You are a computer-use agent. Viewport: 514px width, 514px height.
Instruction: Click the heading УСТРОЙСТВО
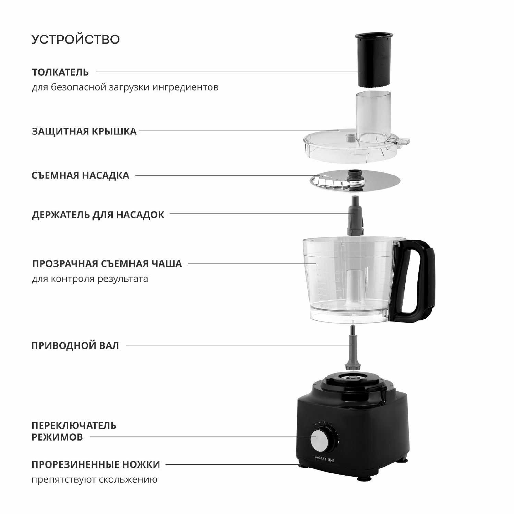[76, 39]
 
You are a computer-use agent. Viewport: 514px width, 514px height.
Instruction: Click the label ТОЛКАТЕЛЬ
[60, 72]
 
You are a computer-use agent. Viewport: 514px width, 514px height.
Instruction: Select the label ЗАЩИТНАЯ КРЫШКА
[84, 131]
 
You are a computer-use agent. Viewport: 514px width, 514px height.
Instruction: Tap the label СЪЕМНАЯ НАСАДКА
[81, 175]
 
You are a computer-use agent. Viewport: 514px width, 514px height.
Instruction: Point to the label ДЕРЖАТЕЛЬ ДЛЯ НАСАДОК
[98, 215]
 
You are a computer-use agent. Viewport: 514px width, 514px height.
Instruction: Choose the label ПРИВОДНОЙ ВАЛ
[75, 345]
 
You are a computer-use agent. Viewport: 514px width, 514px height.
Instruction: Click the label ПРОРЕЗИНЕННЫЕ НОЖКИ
[96, 465]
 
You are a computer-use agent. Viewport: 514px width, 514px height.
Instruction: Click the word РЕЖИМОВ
[57, 437]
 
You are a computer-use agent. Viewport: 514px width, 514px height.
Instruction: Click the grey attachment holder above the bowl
[355, 216]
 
